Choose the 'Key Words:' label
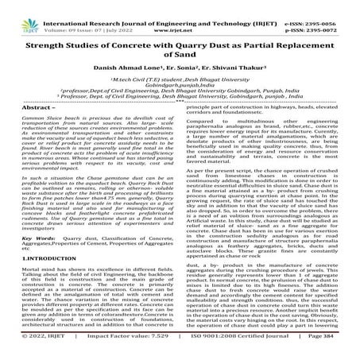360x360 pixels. click(39, 237)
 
